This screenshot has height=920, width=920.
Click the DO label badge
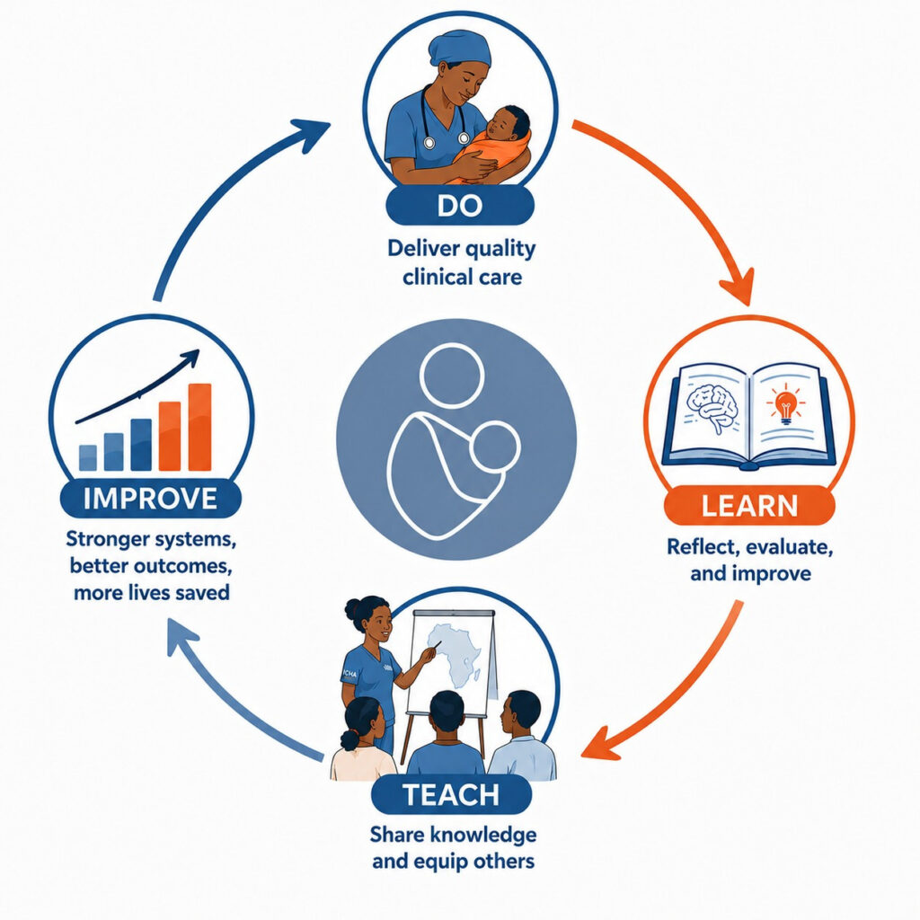460,206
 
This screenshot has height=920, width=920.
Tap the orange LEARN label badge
749,506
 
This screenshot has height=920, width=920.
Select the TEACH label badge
451,794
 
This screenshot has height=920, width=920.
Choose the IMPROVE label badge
151,499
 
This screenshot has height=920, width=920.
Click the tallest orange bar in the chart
199,427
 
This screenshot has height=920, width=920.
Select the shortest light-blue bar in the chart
88,457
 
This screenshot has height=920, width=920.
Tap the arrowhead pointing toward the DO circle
311,132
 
